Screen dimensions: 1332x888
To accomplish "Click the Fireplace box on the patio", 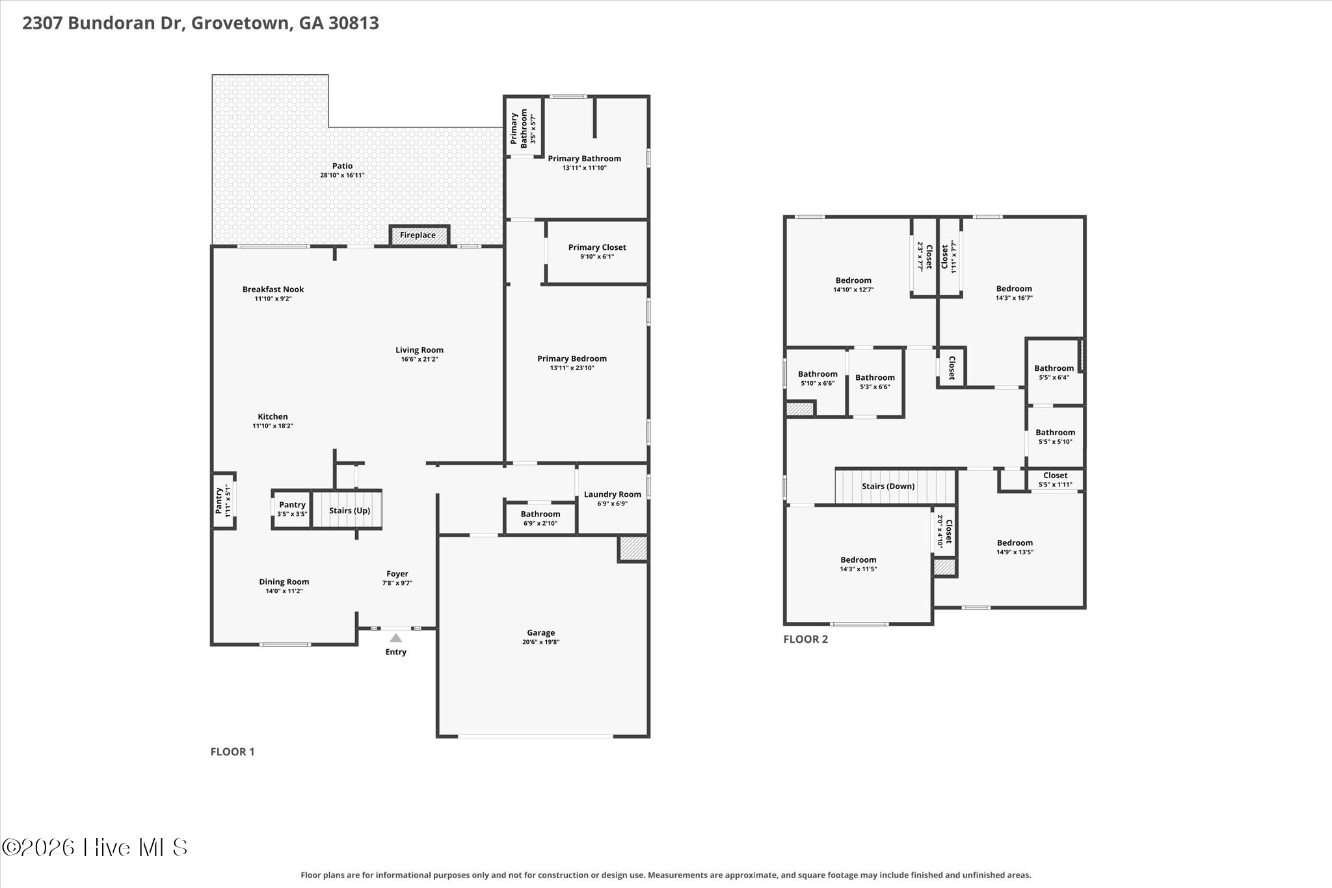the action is click(x=419, y=235).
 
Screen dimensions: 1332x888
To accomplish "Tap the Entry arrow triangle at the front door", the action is click(x=395, y=638).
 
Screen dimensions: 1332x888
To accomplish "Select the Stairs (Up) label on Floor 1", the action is click(x=349, y=511).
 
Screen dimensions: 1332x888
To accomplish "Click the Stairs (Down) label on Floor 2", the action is click(x=888, y=487).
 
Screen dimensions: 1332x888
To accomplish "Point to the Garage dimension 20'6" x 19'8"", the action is click(x=540, y=642).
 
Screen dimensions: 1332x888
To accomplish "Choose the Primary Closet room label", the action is click(x=597, y=247).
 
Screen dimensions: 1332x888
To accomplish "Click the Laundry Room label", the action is click(x=612, y=494).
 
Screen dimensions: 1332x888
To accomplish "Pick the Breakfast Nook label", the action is click(x=273, y=289).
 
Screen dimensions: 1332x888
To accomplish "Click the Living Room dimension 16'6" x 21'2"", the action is click(x=420, y=359).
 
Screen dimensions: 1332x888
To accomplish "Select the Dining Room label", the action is click(x=284, y=582).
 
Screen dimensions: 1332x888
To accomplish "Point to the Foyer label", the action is click(x=397, y=574).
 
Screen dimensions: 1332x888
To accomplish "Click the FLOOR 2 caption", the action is click(x=805, y=639).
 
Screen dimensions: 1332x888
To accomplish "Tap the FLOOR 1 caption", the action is click(x=232, y=751).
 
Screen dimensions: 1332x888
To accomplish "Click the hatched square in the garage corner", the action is click(x=632, y=548).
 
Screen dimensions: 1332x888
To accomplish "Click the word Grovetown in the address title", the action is click(x=241, y=23).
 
